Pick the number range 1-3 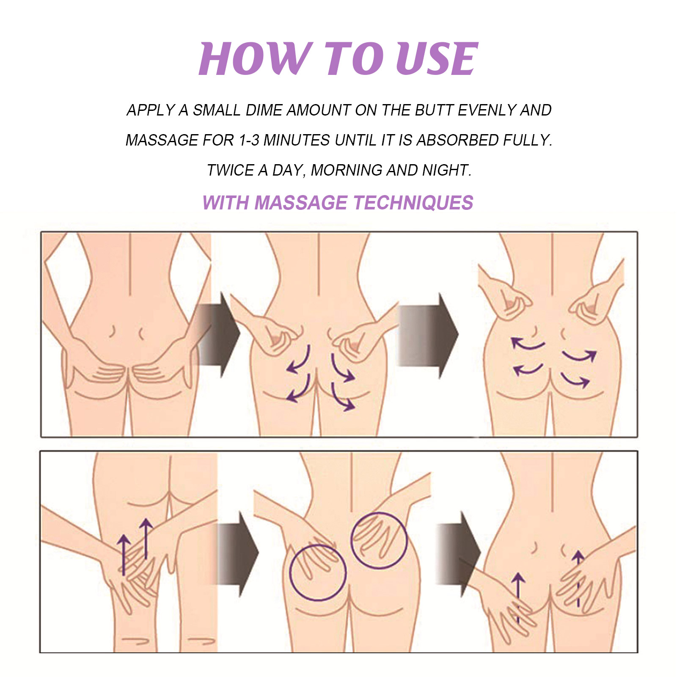249,140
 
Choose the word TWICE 230,170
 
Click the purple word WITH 226,203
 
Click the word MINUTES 297,140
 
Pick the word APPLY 151,110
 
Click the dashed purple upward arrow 578,579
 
